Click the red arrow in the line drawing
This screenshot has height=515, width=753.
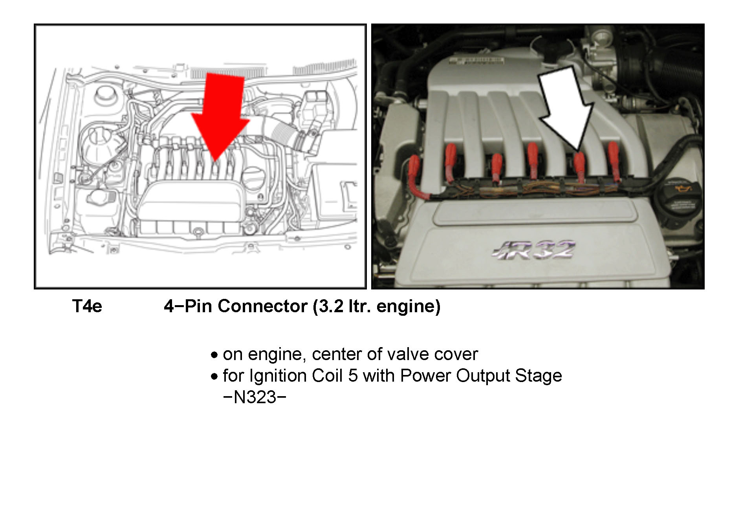[219, 118]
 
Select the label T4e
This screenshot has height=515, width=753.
[87, 306]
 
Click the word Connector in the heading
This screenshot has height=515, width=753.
[262, 306]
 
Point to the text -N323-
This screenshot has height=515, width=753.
[255, 397]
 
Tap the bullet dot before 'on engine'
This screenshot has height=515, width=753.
[214, 355]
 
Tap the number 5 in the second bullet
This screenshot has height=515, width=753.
[353, 376]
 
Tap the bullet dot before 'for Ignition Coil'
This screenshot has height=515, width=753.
[214, 377]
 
